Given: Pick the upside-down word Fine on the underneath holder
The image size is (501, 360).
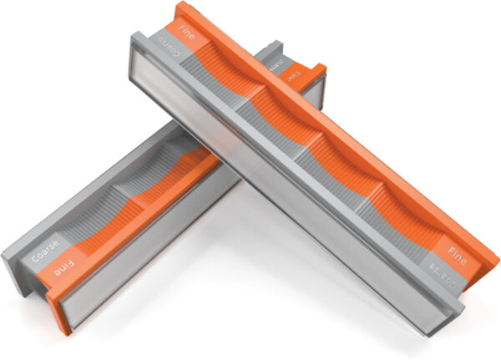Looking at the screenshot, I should (68, 270).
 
